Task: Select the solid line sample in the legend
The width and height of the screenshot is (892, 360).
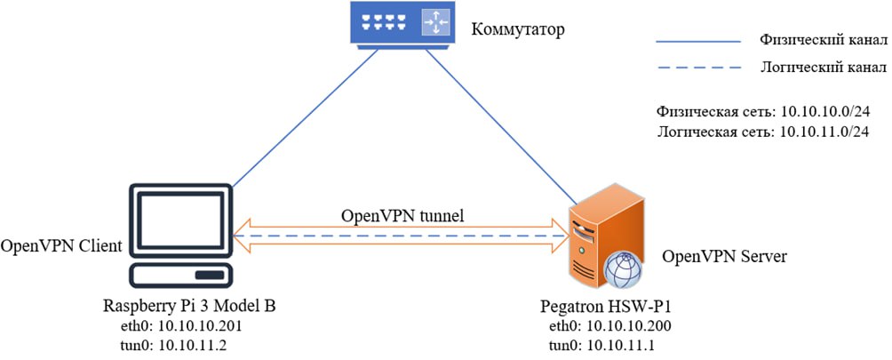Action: click(697, 42)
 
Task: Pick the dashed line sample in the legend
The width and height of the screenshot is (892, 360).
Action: click(697, 68)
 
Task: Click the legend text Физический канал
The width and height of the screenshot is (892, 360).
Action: click(823, 41)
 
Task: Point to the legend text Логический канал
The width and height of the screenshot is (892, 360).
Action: click(823, 67)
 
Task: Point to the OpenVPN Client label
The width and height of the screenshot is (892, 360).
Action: click(61, 245)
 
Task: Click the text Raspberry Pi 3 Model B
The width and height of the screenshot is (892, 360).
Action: click(189, 308)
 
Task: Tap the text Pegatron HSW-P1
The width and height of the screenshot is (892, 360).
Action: click(594, 308)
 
